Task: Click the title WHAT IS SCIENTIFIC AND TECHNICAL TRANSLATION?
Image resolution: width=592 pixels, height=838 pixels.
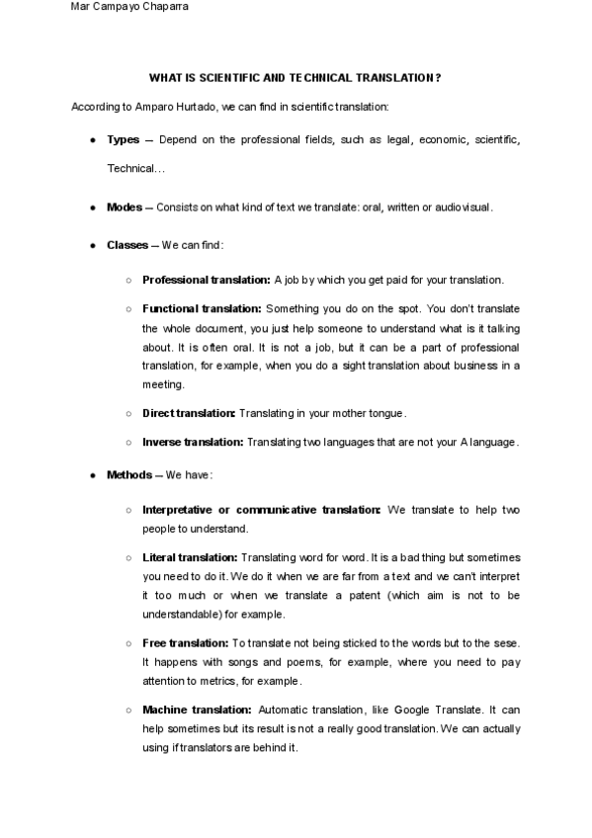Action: [x=295, y=76]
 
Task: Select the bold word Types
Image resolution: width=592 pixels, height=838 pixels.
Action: [x=123, y=140]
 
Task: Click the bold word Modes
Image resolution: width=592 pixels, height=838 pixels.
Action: [x=125, y=208]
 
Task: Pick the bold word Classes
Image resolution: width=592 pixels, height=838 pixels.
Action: [x=127, y=245]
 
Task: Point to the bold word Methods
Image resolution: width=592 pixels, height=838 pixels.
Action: [x=128, y=475]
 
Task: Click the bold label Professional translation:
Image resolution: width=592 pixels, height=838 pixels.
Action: [x=206, y=280]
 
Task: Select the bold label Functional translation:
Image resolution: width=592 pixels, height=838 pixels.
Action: [x=202, y=309]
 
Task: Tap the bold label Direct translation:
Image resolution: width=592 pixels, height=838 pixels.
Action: [x=189, y=413]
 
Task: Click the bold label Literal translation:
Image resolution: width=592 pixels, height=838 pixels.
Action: [x=190, y=557]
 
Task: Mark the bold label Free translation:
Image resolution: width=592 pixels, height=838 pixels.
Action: [x=186, y=643]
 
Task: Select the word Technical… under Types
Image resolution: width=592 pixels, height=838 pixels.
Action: [x=135, y=169]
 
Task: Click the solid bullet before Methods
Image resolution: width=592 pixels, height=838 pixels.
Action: [x=92, y=475]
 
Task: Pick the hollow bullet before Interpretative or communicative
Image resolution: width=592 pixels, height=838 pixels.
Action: [x=128, y=510]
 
